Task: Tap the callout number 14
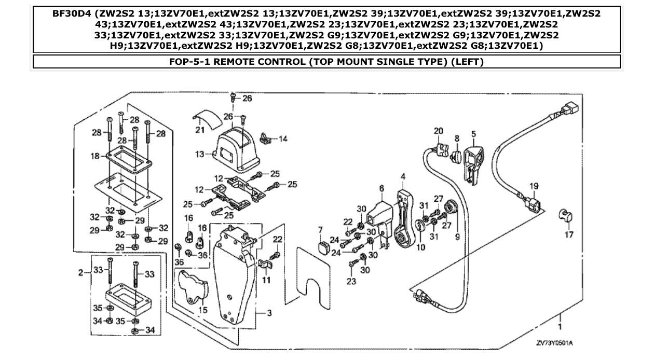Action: click(x=283, y=139)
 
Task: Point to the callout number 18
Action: click(x=94, y=156)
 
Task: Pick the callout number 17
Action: click(x=569, y=234)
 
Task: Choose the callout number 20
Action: click(x=439, y=131)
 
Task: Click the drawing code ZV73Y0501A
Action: click(x=557, y=343)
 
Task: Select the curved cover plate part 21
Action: click(x=207, y=117)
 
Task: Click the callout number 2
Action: click(x=80, y=272)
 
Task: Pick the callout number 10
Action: click(x=420, y=248)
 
